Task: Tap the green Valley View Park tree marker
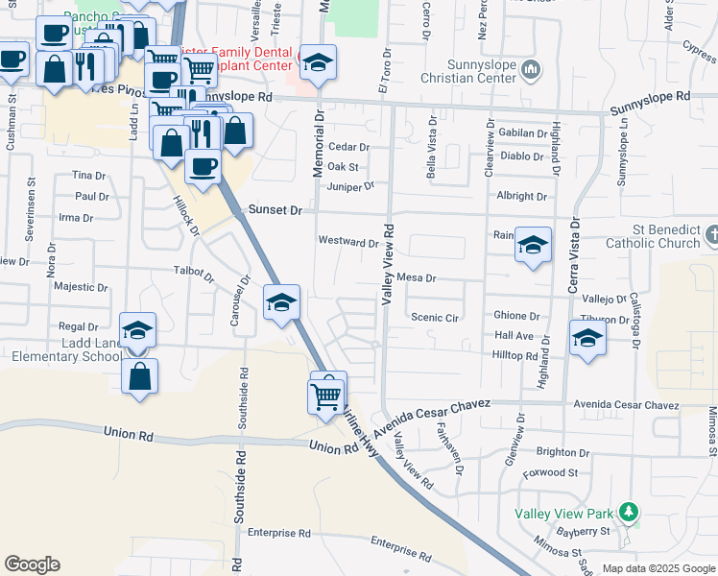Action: point(629,512)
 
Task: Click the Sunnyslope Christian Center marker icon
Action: point(534,68)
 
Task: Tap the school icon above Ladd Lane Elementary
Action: point(138,331)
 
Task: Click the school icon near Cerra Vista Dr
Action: point(587,338)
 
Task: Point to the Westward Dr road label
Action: point(347,242)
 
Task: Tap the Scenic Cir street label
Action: point(435,317)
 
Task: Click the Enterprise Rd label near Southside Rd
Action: point(279,533)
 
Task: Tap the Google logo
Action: point(32,564)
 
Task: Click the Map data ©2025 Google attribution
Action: point(658,568)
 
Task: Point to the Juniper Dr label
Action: point(350,185)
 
